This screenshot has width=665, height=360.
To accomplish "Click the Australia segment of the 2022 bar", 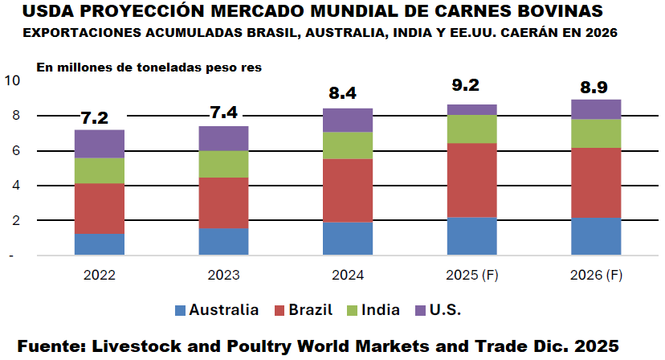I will (x=99, y=244).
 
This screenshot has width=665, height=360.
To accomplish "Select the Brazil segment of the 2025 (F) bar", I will (x=471, y=180).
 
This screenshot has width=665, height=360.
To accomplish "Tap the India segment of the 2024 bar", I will (x=347, y=145).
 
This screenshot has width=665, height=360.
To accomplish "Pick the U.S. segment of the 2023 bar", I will (x=223, y=138).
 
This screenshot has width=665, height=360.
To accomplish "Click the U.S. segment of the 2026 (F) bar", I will (x=596, y=109).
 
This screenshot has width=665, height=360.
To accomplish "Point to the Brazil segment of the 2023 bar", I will (x=223, y=202).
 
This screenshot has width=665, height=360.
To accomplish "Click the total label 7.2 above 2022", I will (x=95, y=118).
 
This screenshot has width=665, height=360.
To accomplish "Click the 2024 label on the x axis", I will (x=347, y=275).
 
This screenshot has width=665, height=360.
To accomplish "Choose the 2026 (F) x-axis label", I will (x=596, y=275).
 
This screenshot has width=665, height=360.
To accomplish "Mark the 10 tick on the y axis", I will (x=12, y=80).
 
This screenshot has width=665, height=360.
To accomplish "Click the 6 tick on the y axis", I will (x=14, y=150).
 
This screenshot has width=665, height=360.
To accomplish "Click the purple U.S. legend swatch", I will (x=420, y=310).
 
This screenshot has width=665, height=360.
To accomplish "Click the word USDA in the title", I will (x=47, y=12).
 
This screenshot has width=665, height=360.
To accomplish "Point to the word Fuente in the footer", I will (x=50, y=346).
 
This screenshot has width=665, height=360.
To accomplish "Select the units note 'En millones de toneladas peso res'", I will (x=149, y=67).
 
